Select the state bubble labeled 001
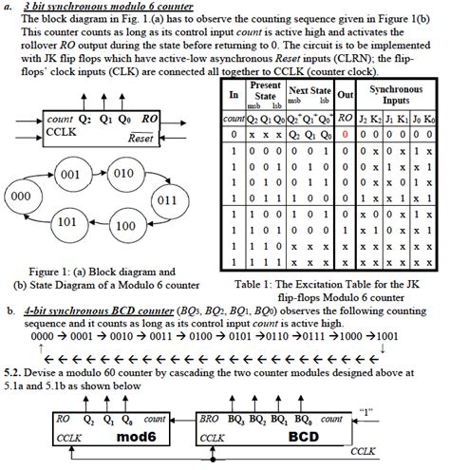click(x=69, y=176)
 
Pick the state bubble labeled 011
click(x=166, y=200)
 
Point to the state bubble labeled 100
click(x=124, y=226)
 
